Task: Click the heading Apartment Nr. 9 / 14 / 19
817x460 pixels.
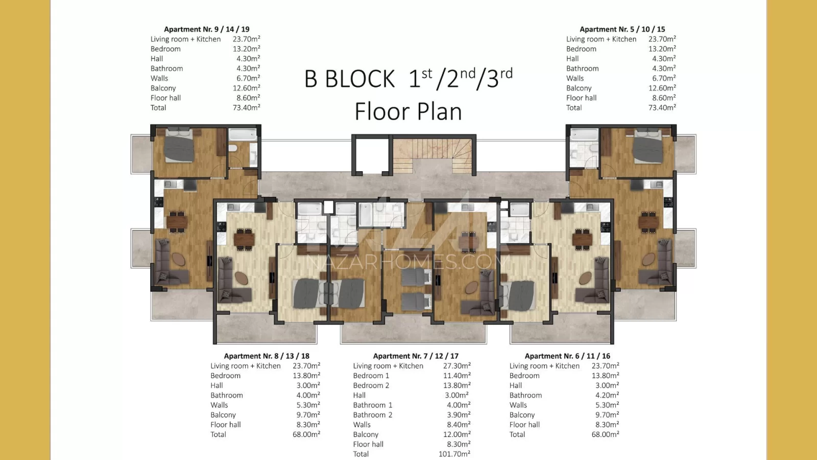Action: click(x=207, y=29)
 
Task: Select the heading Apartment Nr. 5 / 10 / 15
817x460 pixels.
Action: click(x=622, y=29)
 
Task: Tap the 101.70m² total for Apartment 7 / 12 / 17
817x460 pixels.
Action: click(x=454, y=454)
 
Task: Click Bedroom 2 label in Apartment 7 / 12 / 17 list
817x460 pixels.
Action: click(x=371, y=385)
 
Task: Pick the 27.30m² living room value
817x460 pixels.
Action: click(x=456, y=366)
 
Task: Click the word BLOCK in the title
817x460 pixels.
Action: click(x=359, y=79)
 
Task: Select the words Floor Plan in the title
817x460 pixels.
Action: click(x=408, y=111)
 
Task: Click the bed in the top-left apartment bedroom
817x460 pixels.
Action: click(x=179, y=145)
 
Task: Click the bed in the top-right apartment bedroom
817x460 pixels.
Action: click(x=648, y=146)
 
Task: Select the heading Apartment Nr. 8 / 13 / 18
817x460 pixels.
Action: click(x=267, y=356)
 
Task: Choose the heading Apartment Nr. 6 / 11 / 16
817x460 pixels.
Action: click(x=567, y=356)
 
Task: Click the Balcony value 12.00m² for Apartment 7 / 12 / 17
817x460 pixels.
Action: click(x=454, y=434)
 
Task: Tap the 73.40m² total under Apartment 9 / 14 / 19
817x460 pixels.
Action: click(x=246, y=108)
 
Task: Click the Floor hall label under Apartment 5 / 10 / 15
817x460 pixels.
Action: click(x=582, y=98)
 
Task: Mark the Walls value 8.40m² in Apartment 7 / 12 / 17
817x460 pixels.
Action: click(x=459, y=425)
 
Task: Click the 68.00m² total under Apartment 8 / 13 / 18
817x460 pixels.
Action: click(x=306, y=434)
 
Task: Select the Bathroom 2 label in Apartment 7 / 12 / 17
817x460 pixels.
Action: click(x=372, y=415)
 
